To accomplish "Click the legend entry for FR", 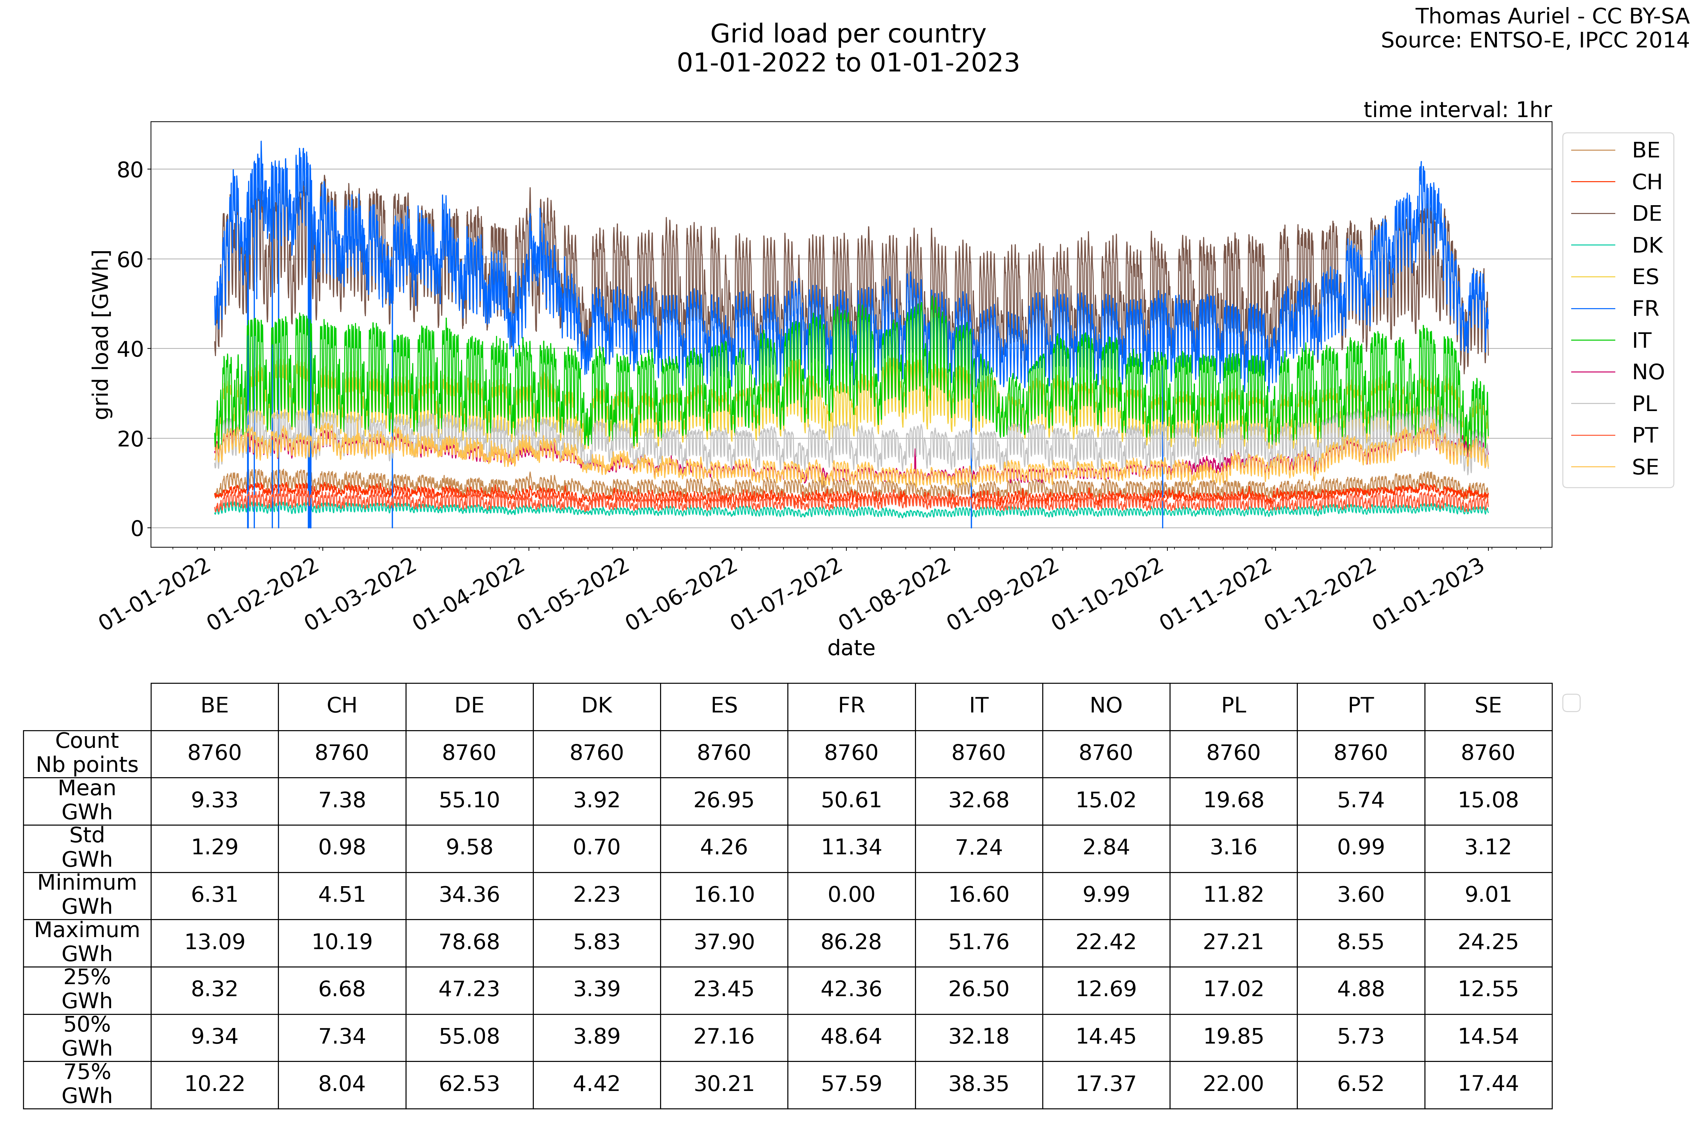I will [1645, 309].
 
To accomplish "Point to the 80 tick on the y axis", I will [130, 170].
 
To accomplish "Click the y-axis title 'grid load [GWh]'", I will [102, 334].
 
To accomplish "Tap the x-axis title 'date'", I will [851, 648].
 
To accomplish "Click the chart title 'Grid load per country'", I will [848, 34].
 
